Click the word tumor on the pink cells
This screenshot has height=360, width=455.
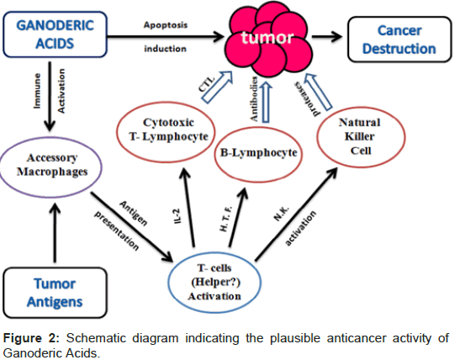[267, 38]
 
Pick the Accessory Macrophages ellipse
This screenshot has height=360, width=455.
[51, 138]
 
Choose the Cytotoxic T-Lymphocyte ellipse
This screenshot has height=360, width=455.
[166, 102]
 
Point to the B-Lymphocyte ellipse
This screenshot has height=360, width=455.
[258, 127]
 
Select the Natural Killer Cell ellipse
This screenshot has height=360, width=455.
[361, 108]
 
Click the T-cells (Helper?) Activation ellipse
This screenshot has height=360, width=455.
[214, 251]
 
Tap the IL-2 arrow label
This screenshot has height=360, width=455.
[177, 216]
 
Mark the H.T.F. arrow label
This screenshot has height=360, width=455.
[226, 220]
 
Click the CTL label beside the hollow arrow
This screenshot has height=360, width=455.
[206, 84]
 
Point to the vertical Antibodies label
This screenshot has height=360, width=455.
[254, 98]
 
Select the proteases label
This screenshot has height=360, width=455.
[307, 98]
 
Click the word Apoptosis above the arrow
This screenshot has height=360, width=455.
[166, 25]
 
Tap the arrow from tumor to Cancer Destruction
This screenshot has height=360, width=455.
[327, 36]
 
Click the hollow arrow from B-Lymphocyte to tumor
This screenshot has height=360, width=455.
[266, 102]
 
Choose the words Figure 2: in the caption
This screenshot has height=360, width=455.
[31, 338]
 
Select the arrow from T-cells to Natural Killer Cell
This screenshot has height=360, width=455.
[296, 214]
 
